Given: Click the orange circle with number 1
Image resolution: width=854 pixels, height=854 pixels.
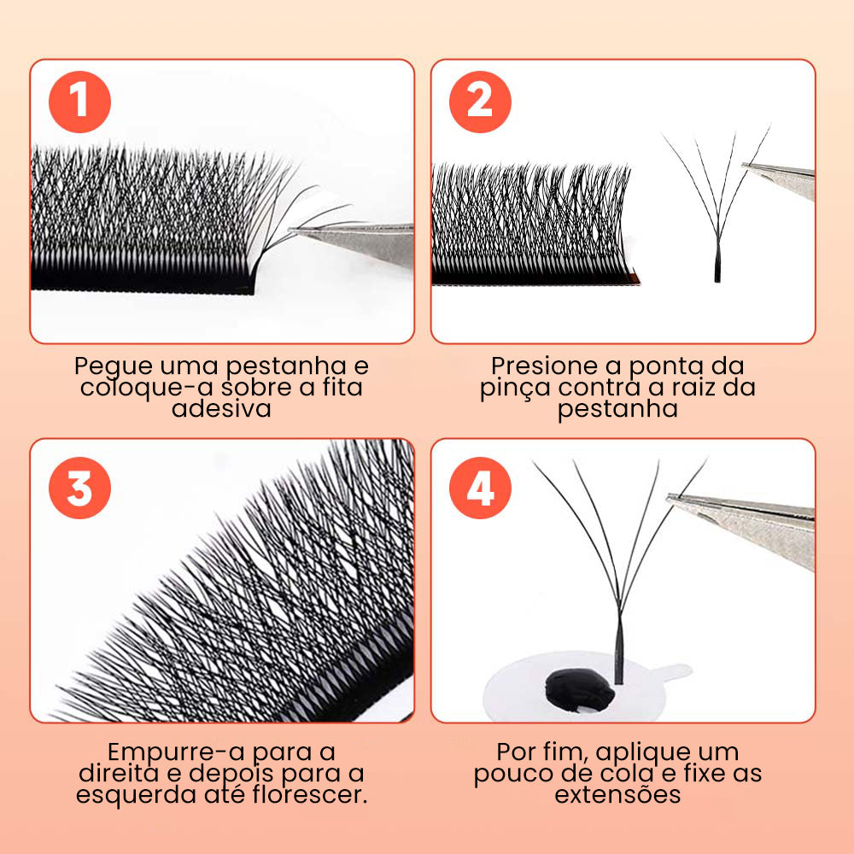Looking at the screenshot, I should pyautogui.click(x=79, y=102).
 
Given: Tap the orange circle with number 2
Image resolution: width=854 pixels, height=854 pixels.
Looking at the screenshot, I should pyautogui.click(x=479, y=102).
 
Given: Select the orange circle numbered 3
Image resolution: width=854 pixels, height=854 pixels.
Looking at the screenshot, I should pyautogui.click(x=79, y=488).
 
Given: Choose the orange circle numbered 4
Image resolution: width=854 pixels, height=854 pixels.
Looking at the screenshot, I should pyautogui.click(x=479, y=488).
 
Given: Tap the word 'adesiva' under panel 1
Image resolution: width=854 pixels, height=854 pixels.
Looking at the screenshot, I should pyautogui.click(x=221, y=408).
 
